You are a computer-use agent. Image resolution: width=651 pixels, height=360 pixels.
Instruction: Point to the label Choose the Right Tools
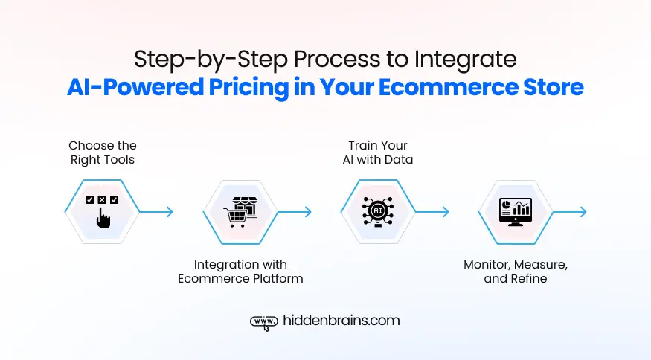[x=103, y=152]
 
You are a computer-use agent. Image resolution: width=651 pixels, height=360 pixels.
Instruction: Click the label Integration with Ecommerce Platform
[x=240, y=271]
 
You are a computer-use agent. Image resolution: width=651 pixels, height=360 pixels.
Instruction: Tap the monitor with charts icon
[x=515, y=212]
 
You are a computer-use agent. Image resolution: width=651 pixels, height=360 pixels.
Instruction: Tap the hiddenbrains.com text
[x=341, y=321]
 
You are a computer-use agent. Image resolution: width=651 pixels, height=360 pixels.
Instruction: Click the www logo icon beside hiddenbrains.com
[x=263, y=321]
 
